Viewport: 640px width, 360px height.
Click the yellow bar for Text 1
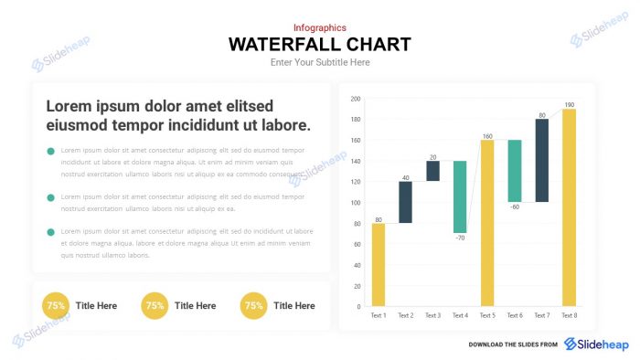(379, 265)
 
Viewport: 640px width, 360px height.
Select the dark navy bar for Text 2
(405, 202)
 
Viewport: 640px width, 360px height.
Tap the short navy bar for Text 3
(432, 171)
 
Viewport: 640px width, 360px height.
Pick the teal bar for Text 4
(460, 196)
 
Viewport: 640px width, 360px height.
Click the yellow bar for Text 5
(487, 223)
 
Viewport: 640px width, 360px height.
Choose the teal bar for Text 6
(515, 171)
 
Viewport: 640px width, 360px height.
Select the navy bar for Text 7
(541, 160)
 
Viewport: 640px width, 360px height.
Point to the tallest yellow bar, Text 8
(569, 207)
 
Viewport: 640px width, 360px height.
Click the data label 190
(569, 104)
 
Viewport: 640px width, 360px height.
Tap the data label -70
(460, 238)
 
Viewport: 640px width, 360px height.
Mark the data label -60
(515, 206)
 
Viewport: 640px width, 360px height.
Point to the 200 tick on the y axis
(356, 99)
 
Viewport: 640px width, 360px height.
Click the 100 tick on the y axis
(356, 202)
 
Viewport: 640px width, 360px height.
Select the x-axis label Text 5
(487, 315)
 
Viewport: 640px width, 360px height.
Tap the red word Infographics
(320, 27)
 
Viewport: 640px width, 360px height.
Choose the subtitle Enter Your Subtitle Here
(320, 62)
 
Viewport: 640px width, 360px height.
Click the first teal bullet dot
(51, 151)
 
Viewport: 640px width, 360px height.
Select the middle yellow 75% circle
(155, 306)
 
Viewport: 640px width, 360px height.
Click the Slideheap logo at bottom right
(596, 344)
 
